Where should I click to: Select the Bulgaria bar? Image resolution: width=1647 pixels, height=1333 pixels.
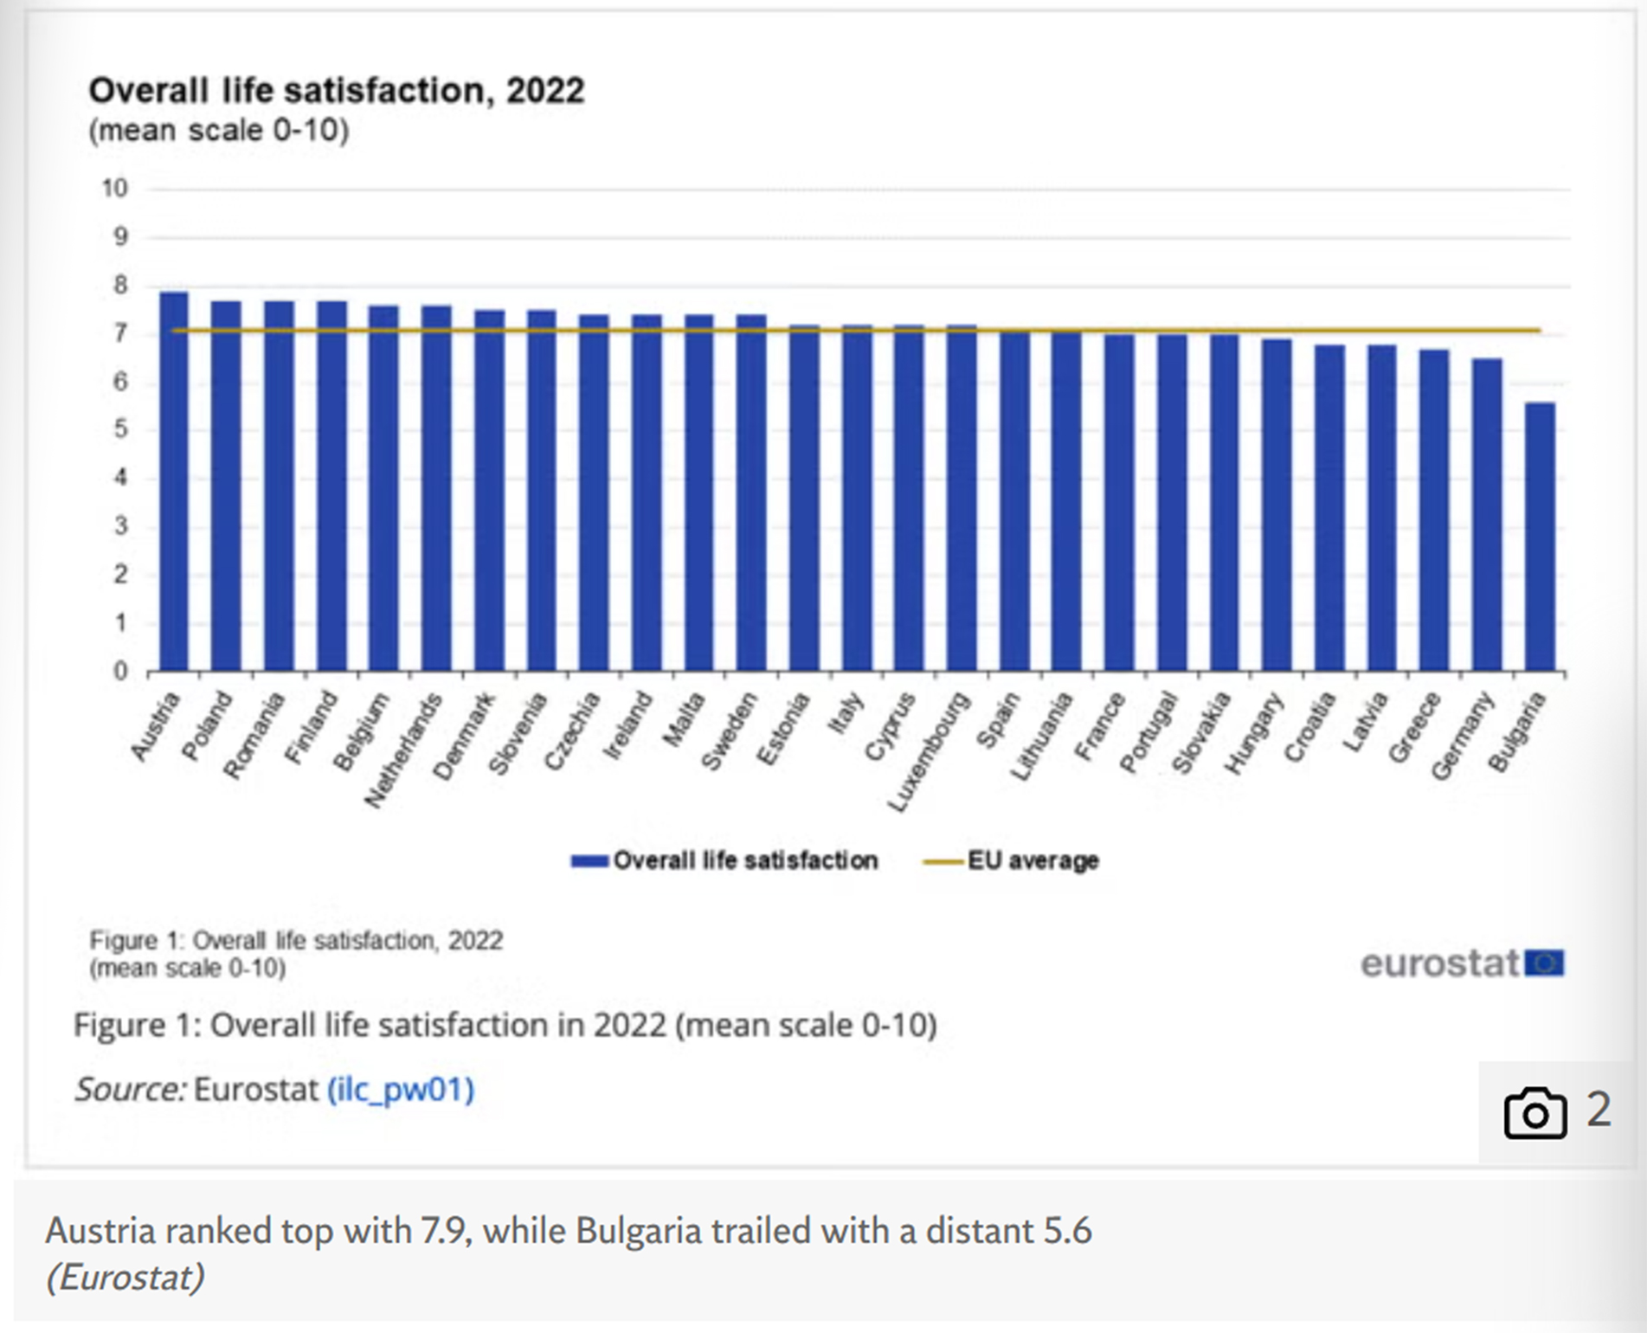pos(1539,537)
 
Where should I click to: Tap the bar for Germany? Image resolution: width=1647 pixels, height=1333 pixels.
pos(1487,515)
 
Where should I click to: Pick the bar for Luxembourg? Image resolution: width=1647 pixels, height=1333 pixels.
pos(962,498)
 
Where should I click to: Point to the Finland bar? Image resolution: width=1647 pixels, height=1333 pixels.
pos(331,486)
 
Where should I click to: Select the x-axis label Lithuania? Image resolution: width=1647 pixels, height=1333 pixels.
pos(1042,737)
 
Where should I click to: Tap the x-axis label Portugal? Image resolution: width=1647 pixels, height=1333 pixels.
pos(1148,732)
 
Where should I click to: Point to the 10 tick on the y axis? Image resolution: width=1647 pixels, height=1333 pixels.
pos(115,189)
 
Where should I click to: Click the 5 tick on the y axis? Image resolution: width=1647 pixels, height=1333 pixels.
pos(120,430)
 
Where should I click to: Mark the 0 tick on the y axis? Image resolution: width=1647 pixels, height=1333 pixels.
pos(120,672)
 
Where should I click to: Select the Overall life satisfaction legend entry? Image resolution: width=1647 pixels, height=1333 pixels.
pos(724,860)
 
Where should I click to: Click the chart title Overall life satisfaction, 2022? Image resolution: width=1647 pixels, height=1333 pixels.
pos(337,91)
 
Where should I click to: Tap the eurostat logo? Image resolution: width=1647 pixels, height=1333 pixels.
pos(1461,963)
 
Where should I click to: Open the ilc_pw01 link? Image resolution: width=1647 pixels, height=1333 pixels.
pos(401,1089)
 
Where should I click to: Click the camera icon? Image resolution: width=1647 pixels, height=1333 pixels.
pos(1534,1112)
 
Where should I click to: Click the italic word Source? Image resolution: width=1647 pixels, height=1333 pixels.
pos(130,1089)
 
